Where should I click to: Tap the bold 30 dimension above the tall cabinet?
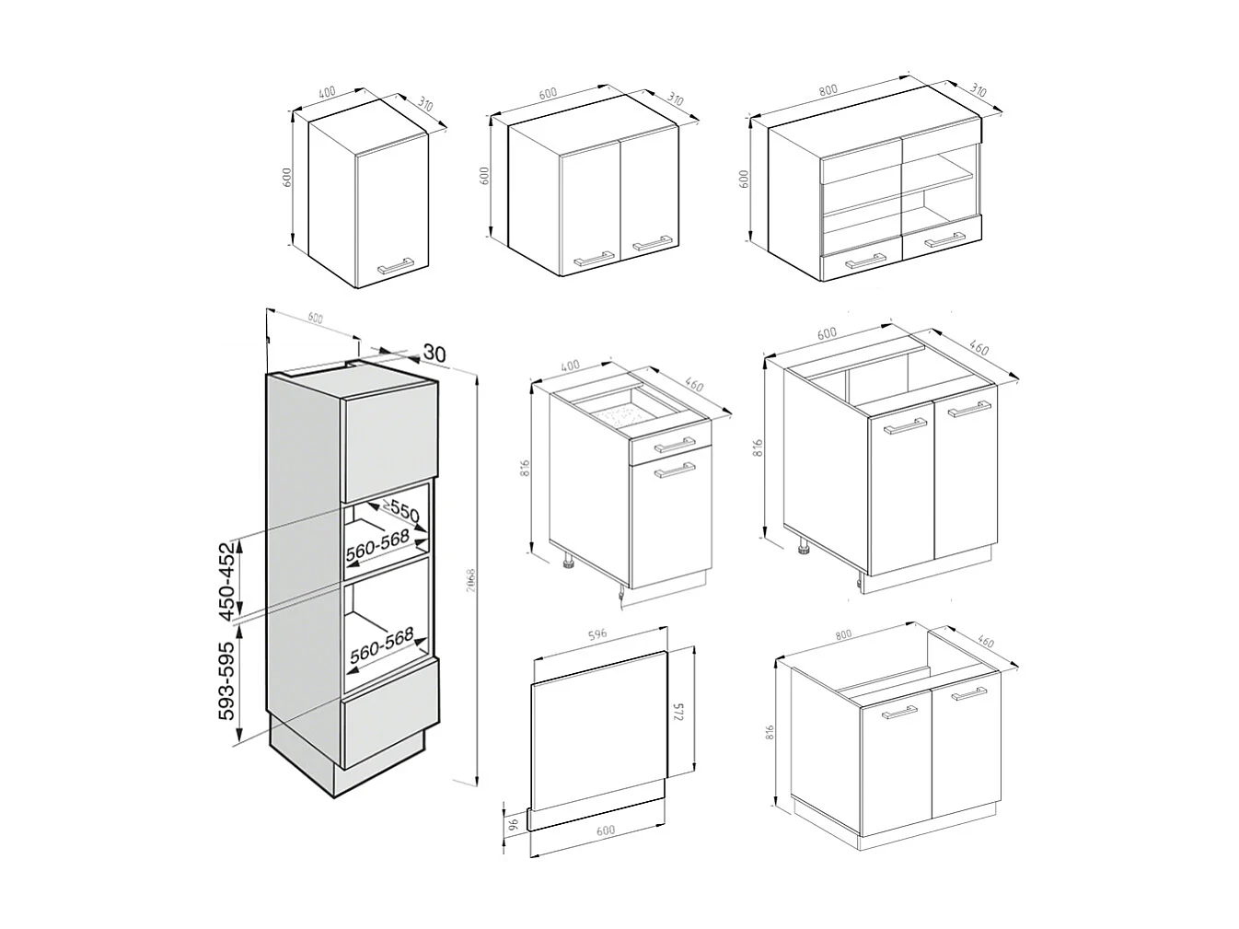434,352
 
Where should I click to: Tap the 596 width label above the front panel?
599,635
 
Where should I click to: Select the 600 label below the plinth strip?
605,830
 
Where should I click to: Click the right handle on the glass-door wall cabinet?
944,242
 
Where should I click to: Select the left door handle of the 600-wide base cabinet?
906,425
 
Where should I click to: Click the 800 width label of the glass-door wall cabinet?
828,90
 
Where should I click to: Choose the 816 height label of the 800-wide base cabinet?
770,733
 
